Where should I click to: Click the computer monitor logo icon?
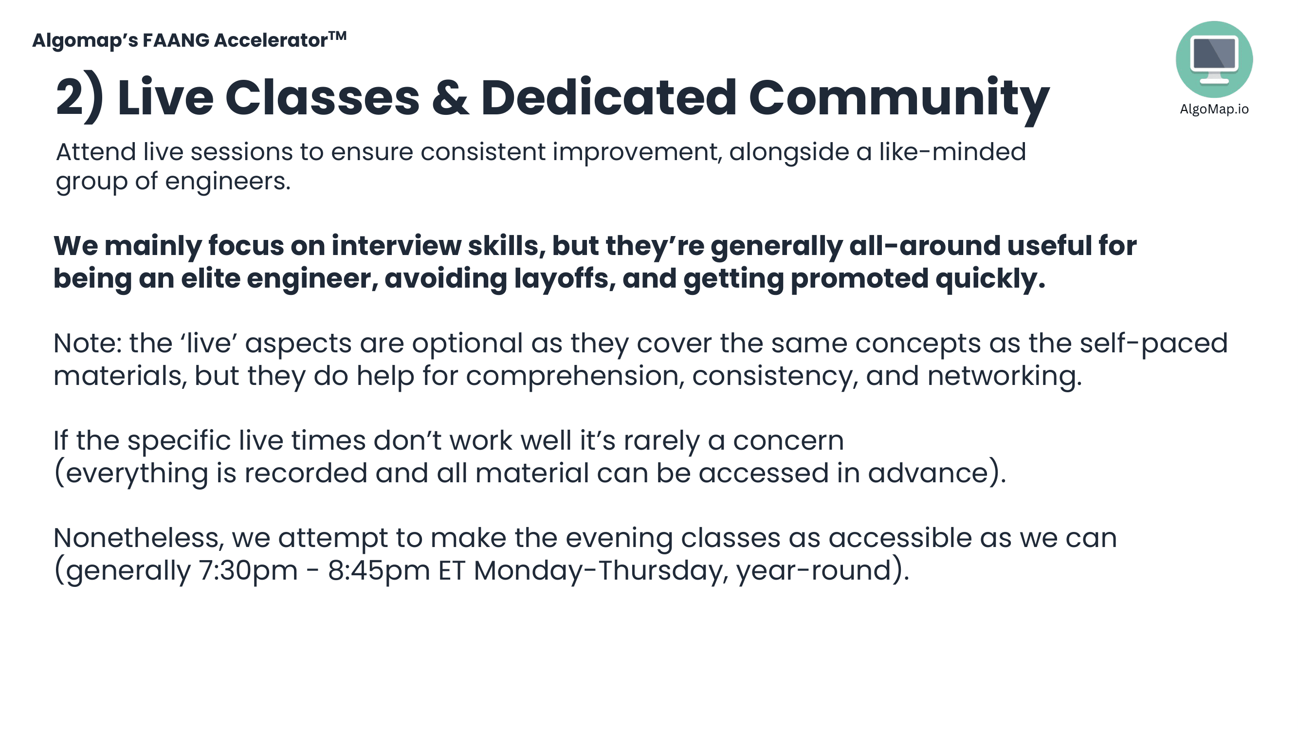pyautogui.click(x=1214, y=59)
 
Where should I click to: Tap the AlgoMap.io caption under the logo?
pyautogui.click(x=1214, y=109)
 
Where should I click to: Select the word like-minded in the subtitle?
pyautogui.click(x=952, y=152)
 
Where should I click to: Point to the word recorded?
pyautogui.click(x=306, y=474)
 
